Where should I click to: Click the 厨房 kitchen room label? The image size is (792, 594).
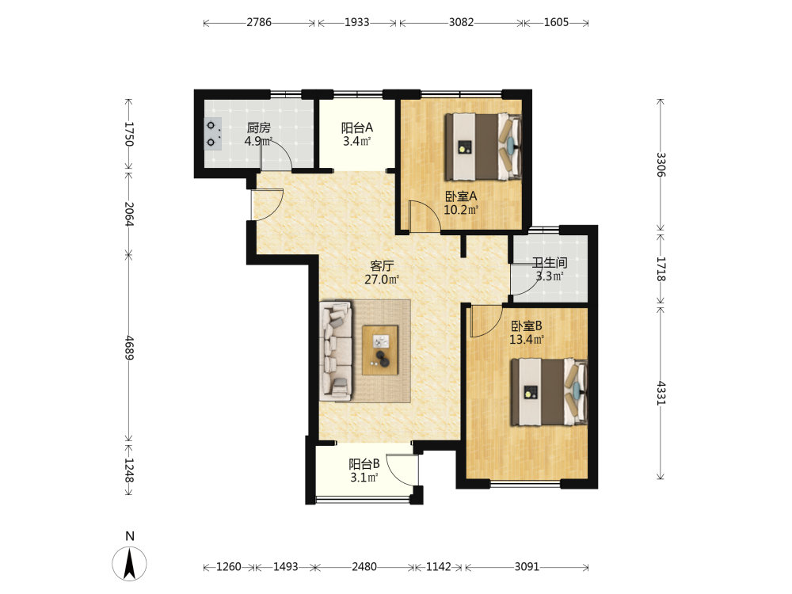click(x=258, y=128)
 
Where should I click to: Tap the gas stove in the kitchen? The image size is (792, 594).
click(x=212, y=134)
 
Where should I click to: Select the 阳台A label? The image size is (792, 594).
click(x=356, y=128)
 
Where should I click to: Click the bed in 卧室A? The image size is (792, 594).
click(x=482, y=147)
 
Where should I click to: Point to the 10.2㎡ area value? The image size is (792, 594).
click(x=461, y=210)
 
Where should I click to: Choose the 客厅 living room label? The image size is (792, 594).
click(x=382, y=265)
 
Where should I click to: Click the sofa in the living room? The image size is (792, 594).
click(x=336, y=349)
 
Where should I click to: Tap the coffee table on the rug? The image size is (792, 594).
click(x=380, y=350)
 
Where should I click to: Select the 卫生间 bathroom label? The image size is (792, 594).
click(x=550, y=263)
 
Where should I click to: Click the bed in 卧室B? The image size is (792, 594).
click(x=549, y=392)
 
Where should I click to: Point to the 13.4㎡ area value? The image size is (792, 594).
click(x=527, y=340)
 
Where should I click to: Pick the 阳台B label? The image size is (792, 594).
click(x=364, y=464)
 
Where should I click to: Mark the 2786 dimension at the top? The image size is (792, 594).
click(x=259, y=22)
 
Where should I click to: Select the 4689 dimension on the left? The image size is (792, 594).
click(x=129, y=348)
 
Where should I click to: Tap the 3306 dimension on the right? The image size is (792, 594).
click(x=661, y=165)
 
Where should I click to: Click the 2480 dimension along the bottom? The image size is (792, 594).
click(x=364, y=567)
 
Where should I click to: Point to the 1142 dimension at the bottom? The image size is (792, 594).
click(x=439, y=567)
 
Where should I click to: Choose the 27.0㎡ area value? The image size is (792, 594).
click(x=382, y=280)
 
